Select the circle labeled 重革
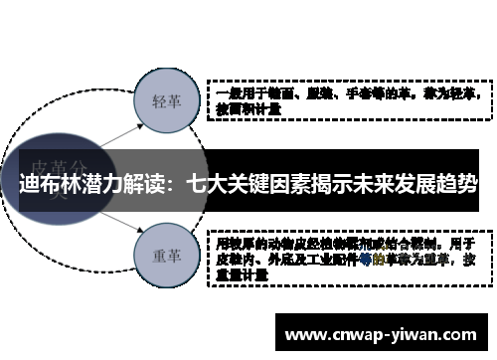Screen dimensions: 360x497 point(165,256)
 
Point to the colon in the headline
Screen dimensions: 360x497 point(176,185)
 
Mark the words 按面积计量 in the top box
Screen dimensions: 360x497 point(248,110)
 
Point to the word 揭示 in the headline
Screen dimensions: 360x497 point(324,185)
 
